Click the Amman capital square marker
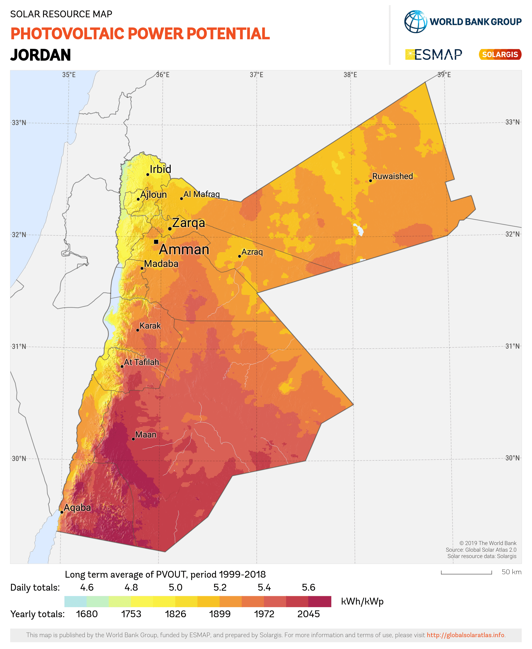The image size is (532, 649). pos(156,242)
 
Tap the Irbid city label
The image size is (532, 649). pos(160,169)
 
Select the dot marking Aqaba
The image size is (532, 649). pos(62,512)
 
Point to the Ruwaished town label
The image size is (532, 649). pos(392,176)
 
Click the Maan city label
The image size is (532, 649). pos(146,434)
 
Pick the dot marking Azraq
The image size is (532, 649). pos(239,256)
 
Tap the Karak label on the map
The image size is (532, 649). pos(150,326)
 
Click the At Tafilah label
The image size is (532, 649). pos(141,362)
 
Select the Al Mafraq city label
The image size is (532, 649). pos(201,194)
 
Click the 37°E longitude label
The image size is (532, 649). pos(256,75)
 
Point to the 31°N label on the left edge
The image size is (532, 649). pos(19,347)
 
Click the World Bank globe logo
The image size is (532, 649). pos(415,22)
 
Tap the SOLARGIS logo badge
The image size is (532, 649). pos(500,55)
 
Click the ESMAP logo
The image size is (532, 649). pos(434,55)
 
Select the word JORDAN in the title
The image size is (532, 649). pos(40,55)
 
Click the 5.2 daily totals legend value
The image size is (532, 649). pos(220,587)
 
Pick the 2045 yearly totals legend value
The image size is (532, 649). pos(308,614)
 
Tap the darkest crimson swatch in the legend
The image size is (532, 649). pos(320,602)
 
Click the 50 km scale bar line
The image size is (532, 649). pos(466,574)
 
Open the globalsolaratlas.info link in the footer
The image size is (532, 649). pos(465,635)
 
